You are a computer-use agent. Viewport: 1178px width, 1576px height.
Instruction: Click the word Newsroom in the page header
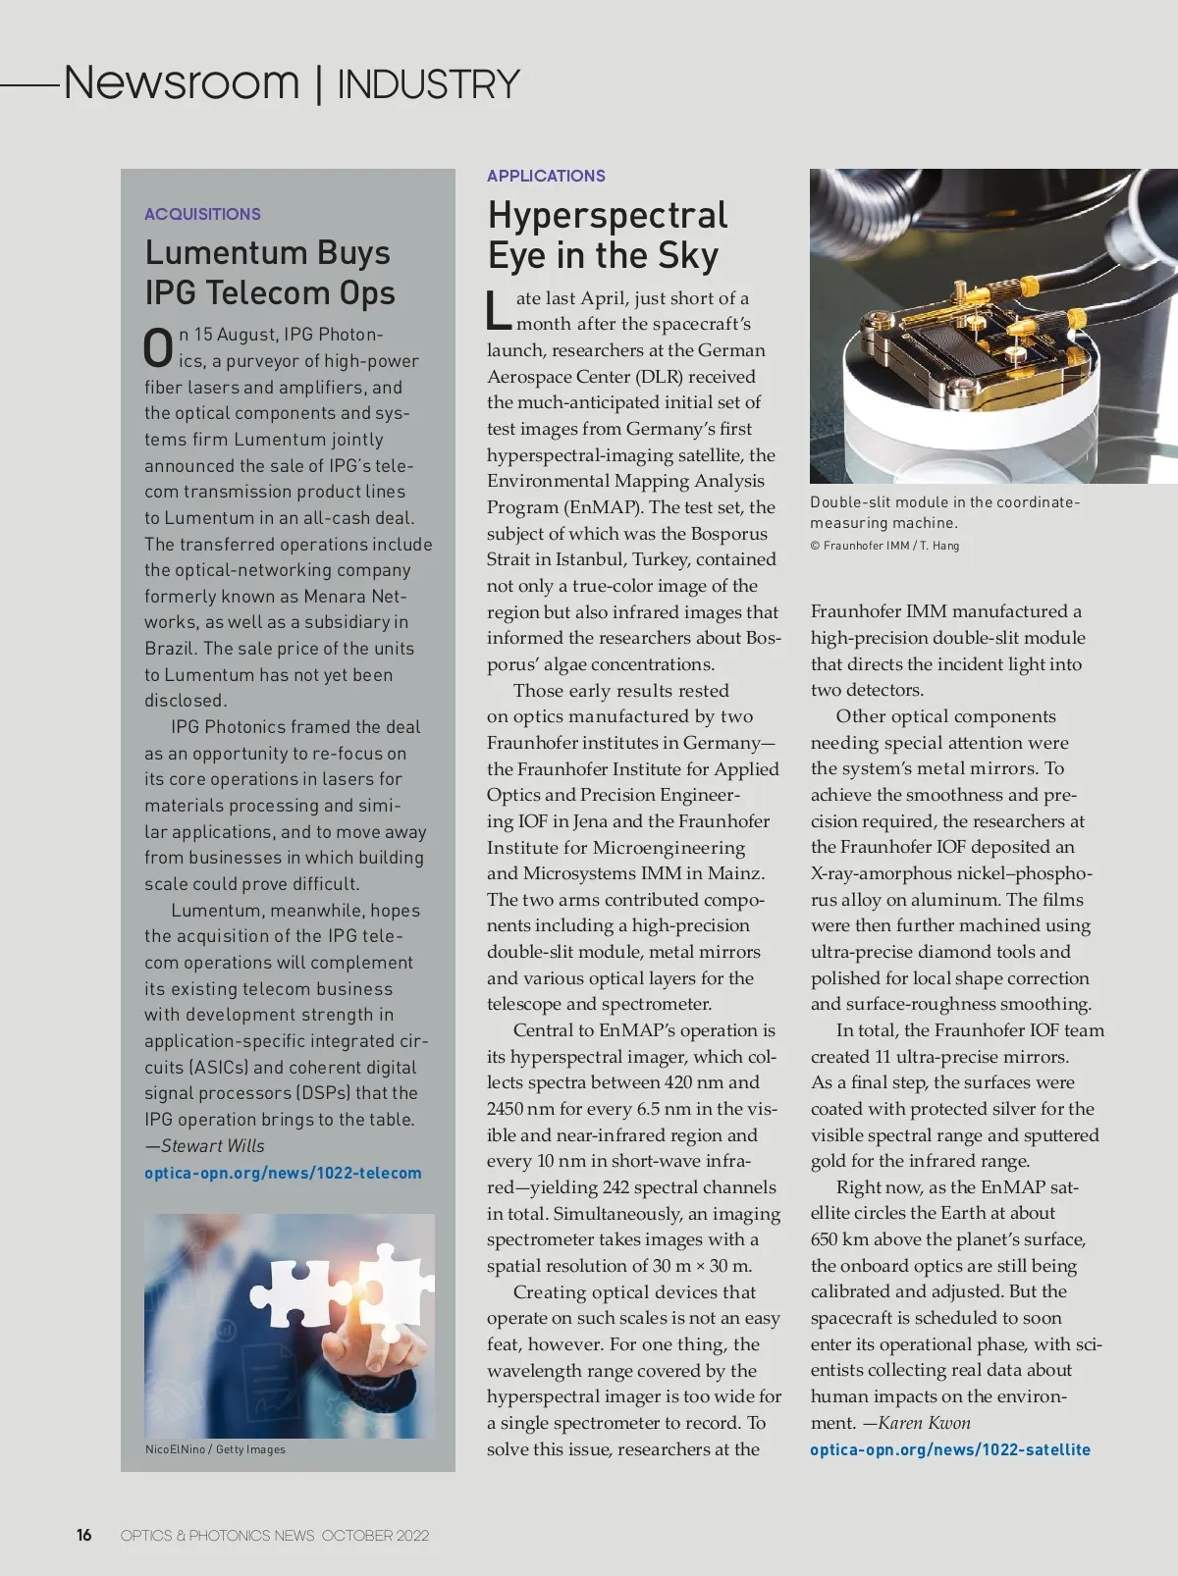(182, 82)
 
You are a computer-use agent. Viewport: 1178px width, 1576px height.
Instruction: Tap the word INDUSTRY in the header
(428, 85)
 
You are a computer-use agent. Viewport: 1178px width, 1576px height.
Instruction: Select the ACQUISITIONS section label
(202, 214)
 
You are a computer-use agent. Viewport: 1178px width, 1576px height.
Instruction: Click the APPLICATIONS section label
(546, 176)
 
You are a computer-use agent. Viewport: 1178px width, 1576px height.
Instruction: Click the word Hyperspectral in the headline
(608, 215)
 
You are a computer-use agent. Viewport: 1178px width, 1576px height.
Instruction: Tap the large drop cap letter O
(158, 348)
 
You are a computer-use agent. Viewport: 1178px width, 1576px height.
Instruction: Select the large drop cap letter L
(499, 310)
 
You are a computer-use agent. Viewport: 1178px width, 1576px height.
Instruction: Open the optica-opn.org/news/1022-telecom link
(283, 1173)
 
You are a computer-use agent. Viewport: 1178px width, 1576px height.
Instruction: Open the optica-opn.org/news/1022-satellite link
(949, 1449)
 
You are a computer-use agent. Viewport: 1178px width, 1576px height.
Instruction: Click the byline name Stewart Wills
(212, 1145)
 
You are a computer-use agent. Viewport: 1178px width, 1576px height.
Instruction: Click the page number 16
(84, 1535)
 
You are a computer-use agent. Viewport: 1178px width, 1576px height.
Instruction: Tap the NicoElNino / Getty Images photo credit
(215, 1449)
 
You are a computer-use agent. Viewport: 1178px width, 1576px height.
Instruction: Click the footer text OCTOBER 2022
(375, 1536)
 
